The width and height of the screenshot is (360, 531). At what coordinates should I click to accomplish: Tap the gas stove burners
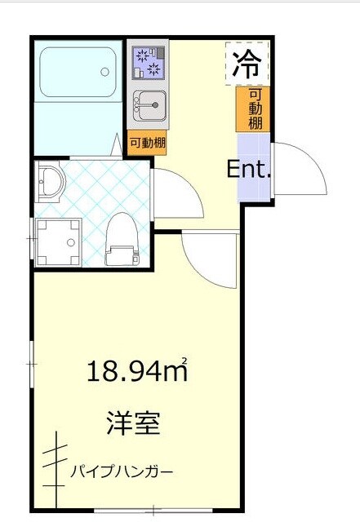[148, 62]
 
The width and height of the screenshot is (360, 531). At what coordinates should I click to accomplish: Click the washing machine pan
[60, 241]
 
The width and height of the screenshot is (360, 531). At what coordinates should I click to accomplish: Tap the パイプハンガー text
[122, 471]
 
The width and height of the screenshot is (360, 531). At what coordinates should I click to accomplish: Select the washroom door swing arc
[176, 192]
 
